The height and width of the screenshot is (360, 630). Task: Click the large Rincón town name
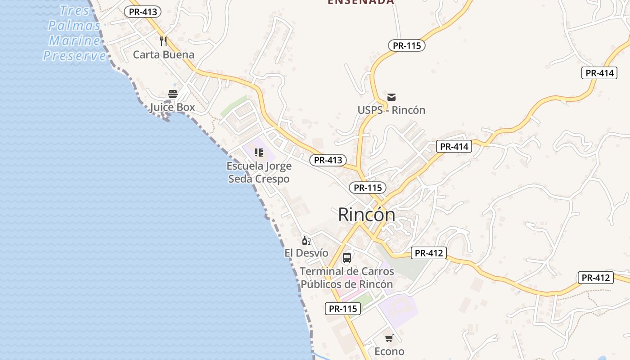366,215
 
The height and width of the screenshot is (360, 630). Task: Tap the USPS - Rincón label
391,110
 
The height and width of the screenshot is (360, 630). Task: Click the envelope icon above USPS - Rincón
391,97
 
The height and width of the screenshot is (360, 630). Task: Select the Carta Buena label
163,55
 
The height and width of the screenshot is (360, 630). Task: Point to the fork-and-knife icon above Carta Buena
163,41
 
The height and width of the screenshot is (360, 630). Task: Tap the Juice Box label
172,107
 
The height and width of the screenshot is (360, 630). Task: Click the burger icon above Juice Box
173,94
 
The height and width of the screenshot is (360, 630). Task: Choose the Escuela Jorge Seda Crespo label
259,172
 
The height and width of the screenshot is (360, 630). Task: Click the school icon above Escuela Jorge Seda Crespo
258,153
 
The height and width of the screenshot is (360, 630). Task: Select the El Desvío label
306,253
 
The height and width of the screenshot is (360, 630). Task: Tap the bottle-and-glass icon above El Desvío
306,240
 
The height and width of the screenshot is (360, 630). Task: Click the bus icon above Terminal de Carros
346,258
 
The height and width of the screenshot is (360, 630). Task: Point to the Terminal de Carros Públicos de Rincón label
346,278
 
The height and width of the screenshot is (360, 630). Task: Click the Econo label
389,351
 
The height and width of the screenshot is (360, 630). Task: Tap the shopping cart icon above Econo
389,338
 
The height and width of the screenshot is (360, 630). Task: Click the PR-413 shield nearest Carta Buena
143,12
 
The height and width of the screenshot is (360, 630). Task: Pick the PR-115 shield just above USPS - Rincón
406,45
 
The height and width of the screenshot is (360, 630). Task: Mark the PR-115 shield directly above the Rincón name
368,188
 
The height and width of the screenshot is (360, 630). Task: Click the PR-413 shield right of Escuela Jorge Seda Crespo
328,160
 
